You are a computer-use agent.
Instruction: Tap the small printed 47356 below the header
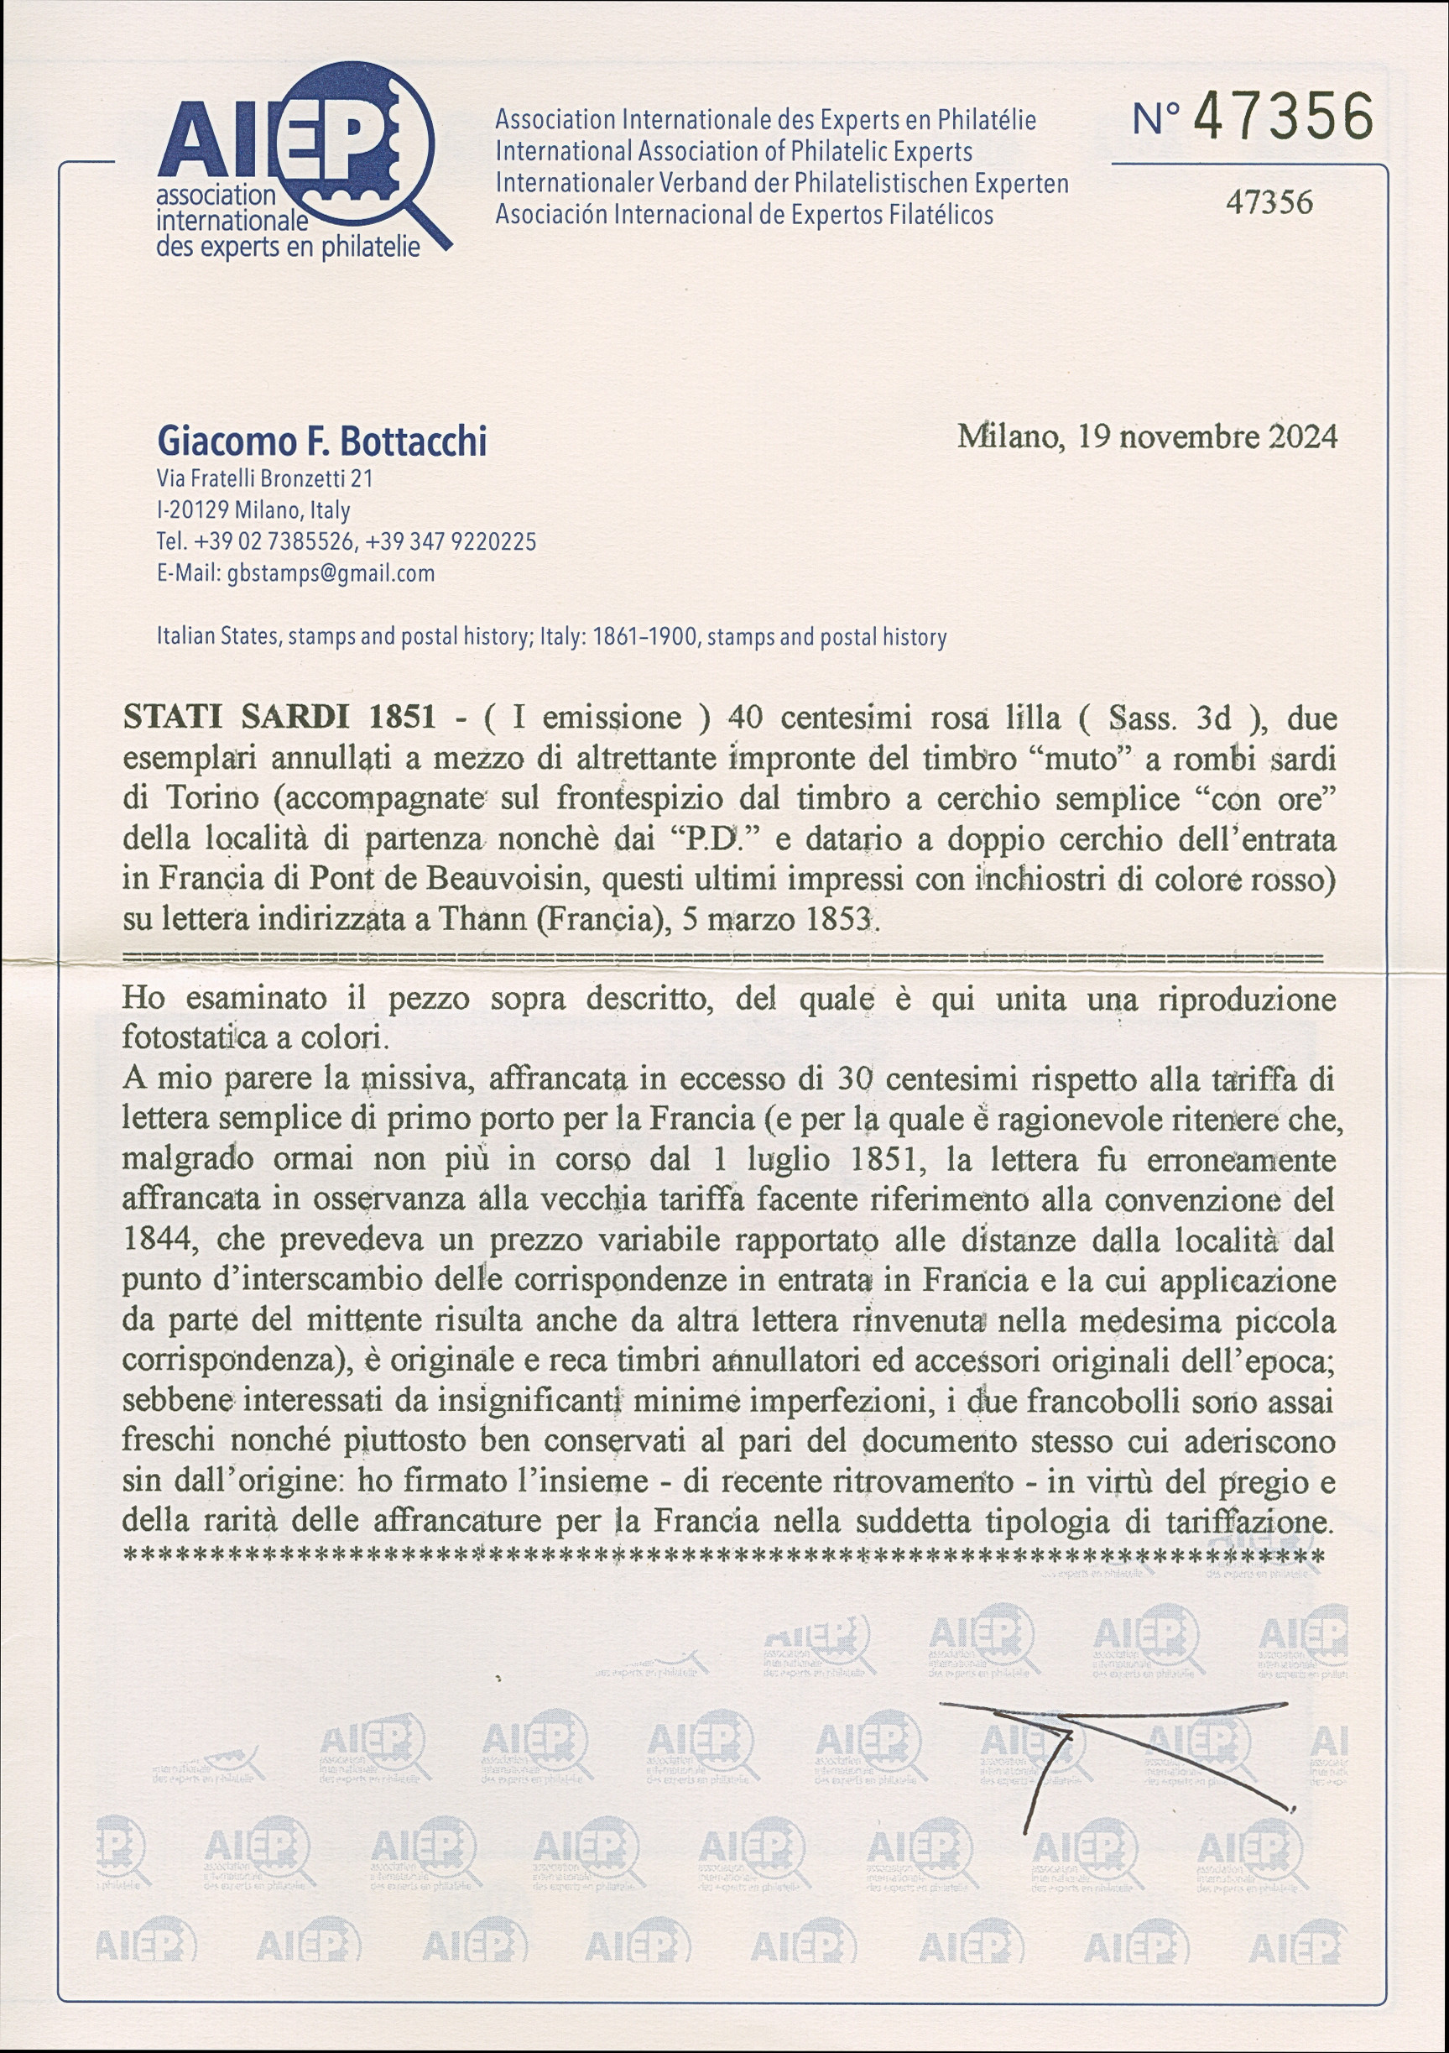click(x=1269, y=203)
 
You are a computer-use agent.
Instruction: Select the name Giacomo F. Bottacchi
click(x=322, y=441)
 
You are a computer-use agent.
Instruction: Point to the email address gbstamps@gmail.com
click(x=331, y=573)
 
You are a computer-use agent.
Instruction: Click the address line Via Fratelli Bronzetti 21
click(x=264, y=478)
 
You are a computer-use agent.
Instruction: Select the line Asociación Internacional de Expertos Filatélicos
click(x=743, y=215)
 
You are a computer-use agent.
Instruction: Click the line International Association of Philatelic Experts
click(x=734, y=151)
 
